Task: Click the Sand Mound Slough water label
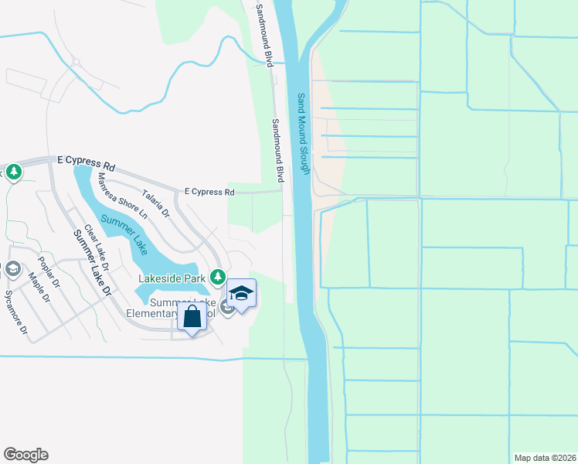point(304,134)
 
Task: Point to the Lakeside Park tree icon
point(218,277)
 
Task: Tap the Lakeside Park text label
point(171,278)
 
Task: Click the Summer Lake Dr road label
point(93,264)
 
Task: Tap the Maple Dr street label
point(38,288)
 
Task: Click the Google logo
point(25,455)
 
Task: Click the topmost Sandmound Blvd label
point(265,34)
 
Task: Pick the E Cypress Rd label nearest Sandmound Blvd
point(209,192)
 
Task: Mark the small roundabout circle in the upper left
point(76,62)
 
